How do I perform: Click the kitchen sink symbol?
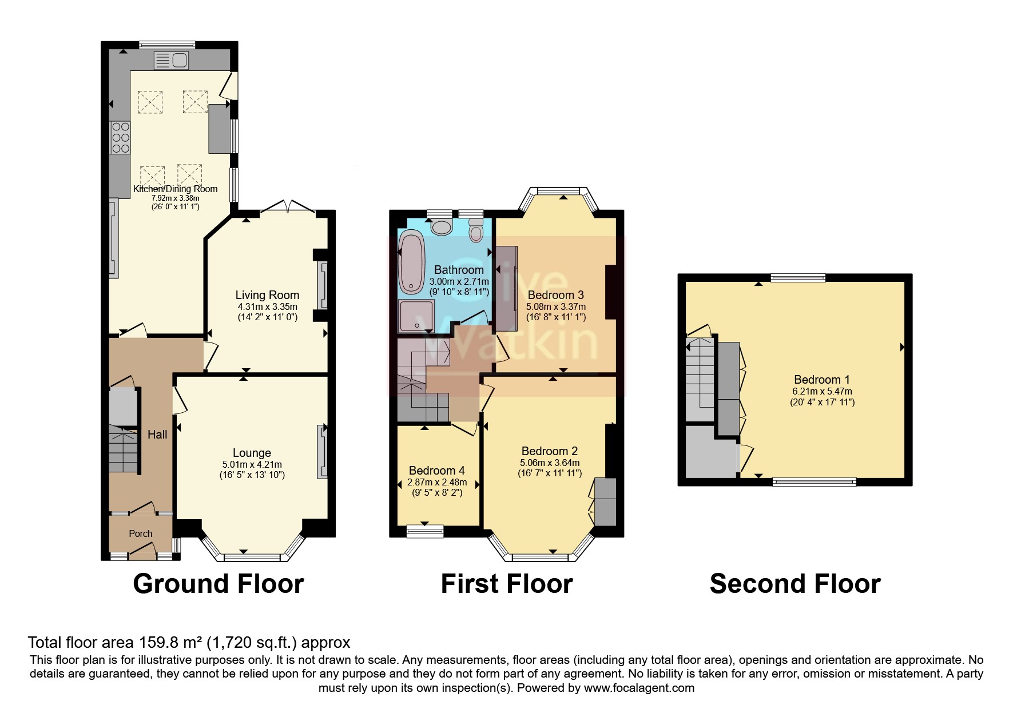pyautogui.click(x=171, y=59)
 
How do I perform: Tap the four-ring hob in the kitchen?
pyautogui.click(x=120, y=137)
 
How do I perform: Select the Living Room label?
pyautogui.click(x=267, y=295)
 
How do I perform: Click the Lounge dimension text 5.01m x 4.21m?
pyautogui.click(x=252, y=464)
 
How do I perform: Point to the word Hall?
pyautogui.click(x=157, y=435)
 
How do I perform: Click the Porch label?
pyautogui.click(x=141, y=533)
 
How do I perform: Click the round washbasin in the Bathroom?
pyautogui.click(x=440, y=227)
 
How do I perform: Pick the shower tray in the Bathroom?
pyautogui.click(x=416, y=316)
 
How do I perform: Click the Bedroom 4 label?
pyautogui.click(x=436, y=471)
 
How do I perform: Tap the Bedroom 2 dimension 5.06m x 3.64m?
pyautogui.click(x=549, y=463)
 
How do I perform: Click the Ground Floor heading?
pyautogui.click(x=218, y=584)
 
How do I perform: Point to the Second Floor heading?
pyautogui.click(x=794, y=584)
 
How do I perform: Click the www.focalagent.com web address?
pyautogui.click(x=639, y=688)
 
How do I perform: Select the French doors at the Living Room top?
pyautogui.click(x=289, y=207)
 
